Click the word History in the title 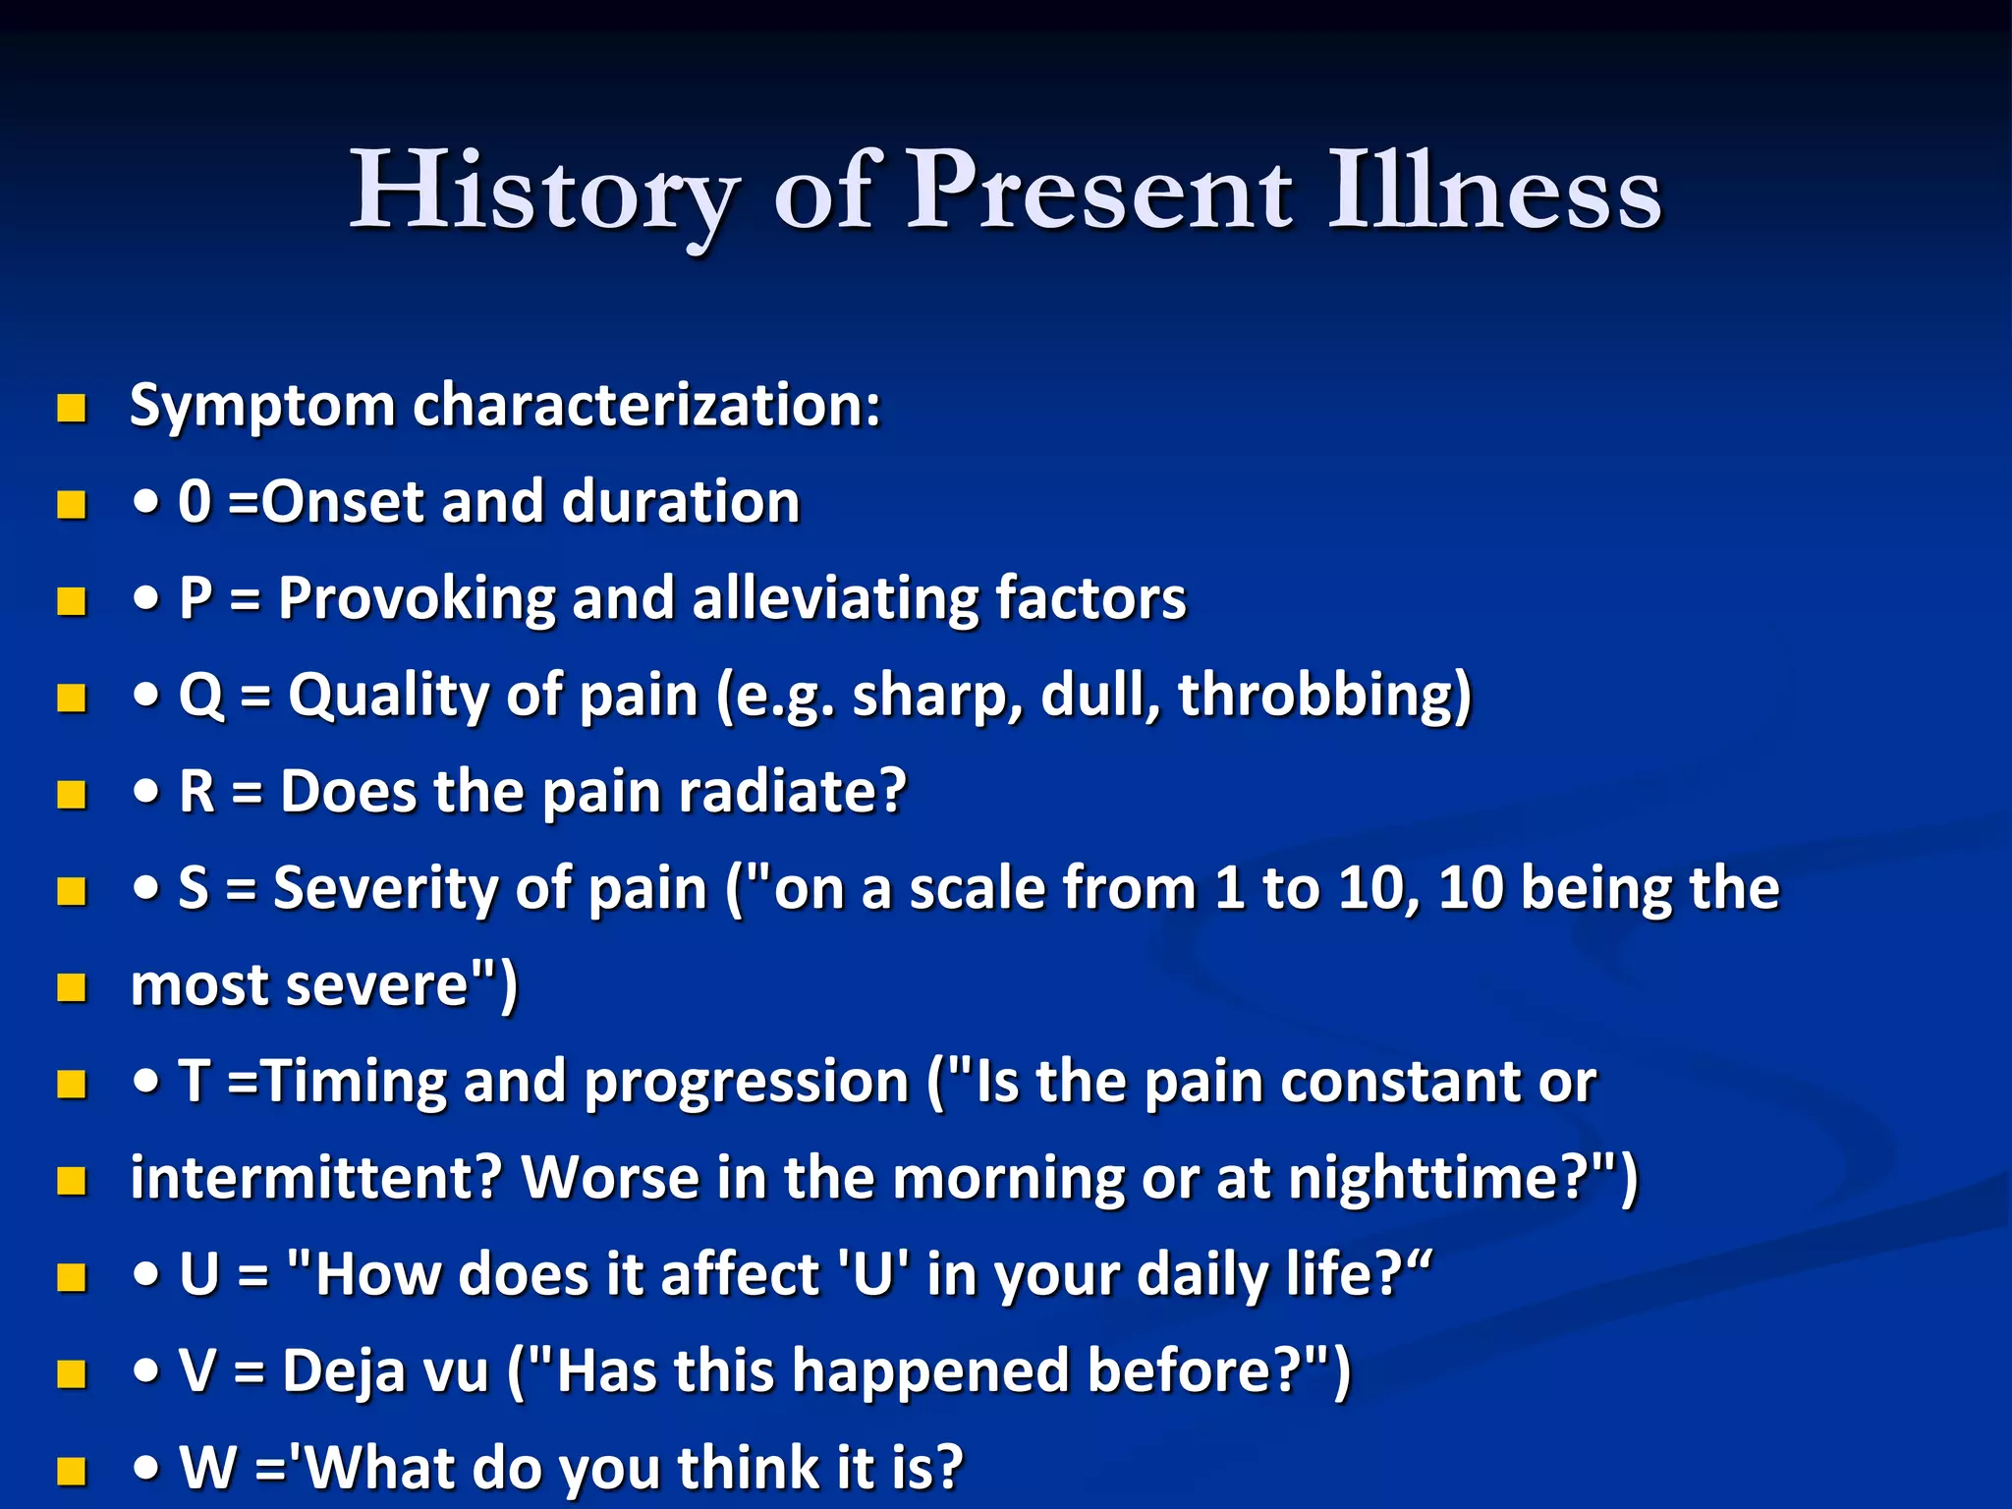[543, 192]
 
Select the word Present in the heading [1098, 192]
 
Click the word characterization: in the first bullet [646, 406]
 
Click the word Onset [343, 502]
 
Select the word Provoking [417, 599]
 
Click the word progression [747, 1083]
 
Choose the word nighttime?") [1463, 1178]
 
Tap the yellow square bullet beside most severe [72, 987]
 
